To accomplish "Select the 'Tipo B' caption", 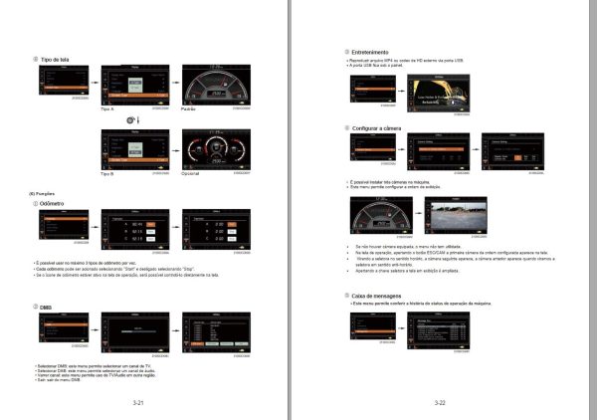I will pyautogui.click(x=109, y=173).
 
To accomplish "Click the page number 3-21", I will pyautogui.click(x=138, y=402).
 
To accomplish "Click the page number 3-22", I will pyautogui.click(x=440, y=402).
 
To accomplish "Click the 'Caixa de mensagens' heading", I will pyautogui.click(x=378, y=297).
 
